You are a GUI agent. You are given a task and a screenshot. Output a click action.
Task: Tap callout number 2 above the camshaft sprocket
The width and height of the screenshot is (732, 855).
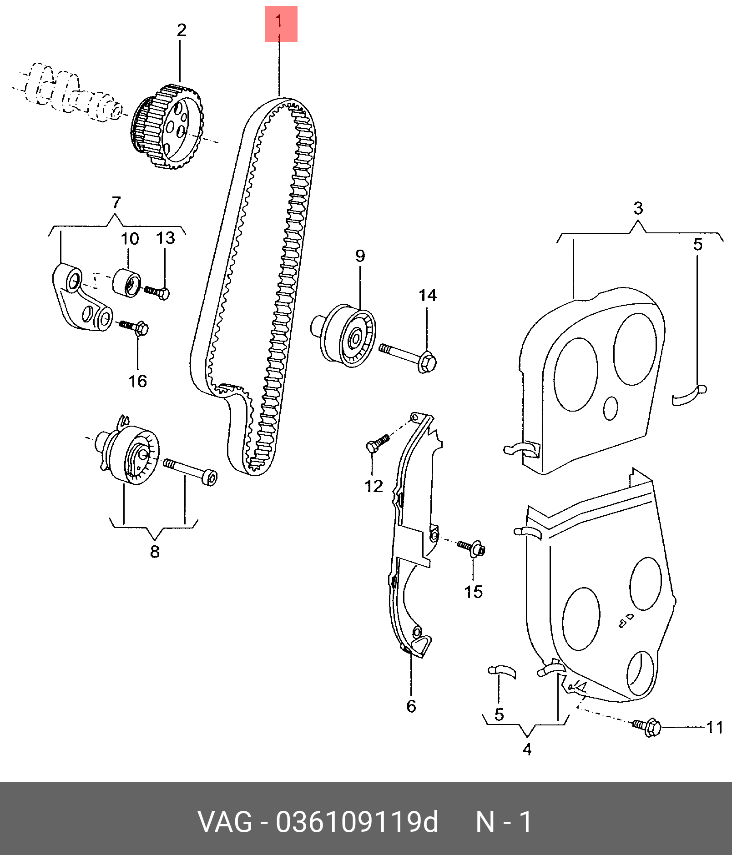coord(182,30)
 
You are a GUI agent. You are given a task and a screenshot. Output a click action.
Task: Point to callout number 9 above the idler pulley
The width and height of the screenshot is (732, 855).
coord(360,256)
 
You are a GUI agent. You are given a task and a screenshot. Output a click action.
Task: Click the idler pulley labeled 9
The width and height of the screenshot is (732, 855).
coord(344,335)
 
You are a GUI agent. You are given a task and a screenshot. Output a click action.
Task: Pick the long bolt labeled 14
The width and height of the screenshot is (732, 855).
coord(408,357)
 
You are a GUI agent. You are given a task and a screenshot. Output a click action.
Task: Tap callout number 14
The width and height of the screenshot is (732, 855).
coord(428,296)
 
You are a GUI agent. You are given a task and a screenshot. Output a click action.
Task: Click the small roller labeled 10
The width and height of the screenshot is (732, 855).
coord(127,282)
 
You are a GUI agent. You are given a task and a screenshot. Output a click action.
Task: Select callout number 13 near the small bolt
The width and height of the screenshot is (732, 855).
coord(166,238)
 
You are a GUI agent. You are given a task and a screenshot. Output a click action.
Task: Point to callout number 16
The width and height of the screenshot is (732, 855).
coord(138,381)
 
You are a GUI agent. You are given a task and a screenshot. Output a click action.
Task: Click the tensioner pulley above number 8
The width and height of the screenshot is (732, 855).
coord(129,452)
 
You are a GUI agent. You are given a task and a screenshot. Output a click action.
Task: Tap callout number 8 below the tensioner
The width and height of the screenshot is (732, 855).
coord(155,552)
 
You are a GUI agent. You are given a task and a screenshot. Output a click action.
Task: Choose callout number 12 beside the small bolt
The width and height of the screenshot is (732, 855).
coord(374,487)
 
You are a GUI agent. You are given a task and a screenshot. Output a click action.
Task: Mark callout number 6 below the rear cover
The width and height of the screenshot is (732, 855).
coord(411,706)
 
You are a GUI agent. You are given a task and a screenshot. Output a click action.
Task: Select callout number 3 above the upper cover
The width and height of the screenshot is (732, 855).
coord(638,209)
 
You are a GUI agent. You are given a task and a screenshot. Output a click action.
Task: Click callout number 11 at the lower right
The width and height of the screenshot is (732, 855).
coord(714,728)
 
